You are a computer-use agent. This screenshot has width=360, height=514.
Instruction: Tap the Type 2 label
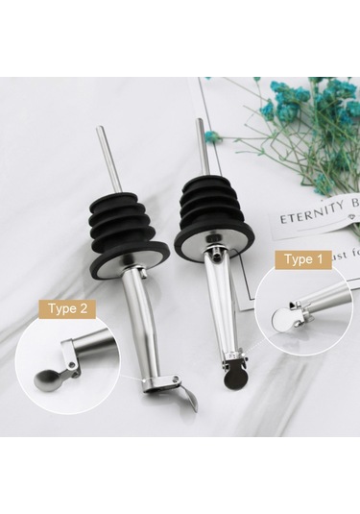pyautogui.click(x=68, y=308)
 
